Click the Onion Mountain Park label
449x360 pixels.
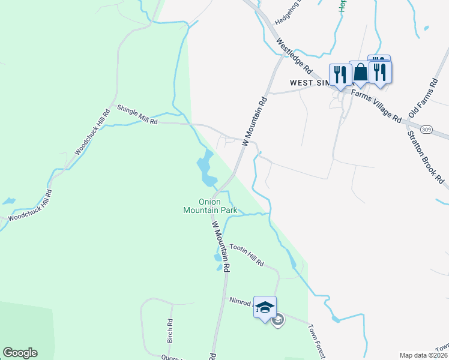click(x=210, y=206)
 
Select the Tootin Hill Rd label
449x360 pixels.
click(x=247, y=255)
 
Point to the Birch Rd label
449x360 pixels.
click(x=170, y=331)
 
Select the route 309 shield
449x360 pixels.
click(x=427, y=129)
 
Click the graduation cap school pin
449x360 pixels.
click(x=265, y=307)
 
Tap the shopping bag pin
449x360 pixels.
click(x=360, y=73)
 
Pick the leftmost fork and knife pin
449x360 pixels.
click(x=340, y=74)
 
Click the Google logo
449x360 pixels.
click(x=20, y=353)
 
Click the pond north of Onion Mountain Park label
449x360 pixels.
click(x=206, y=169)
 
